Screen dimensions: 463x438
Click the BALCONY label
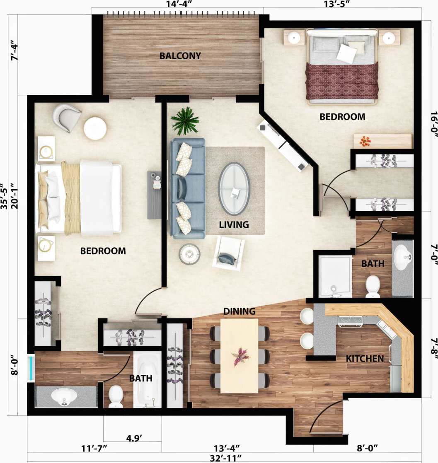(180, 55)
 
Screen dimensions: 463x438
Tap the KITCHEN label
(365, 358)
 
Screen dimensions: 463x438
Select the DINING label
(239, 311)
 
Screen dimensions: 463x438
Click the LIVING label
(234, 224)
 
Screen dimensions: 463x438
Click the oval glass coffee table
(234, 189)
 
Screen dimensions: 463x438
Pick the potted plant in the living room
(185, 121)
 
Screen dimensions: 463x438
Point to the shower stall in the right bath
(335, 276)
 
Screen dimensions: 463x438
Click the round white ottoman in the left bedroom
(95, 128)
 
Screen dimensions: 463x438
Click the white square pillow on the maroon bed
(346, 53)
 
